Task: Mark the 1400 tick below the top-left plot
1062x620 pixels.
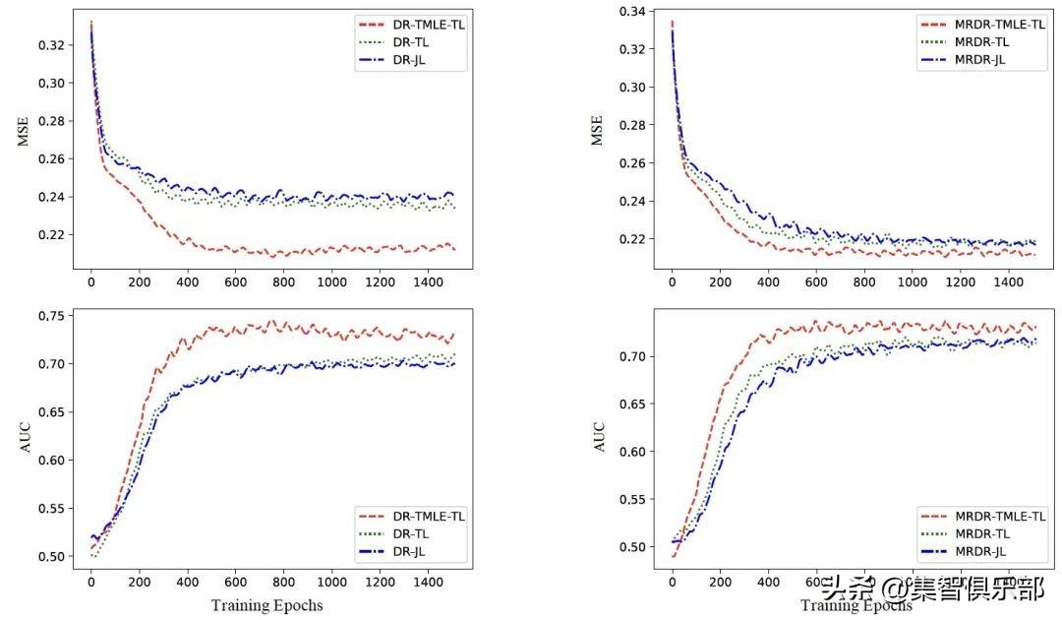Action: pyautogui.click(x=427, y=282)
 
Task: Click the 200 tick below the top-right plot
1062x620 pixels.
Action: pyautogui.click(x=720, y=282)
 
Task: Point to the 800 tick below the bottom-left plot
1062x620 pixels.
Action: pyautogui.click(x=282, y=583)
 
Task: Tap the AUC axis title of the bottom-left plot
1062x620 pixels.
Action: pyautogui.click(x=24, y=438)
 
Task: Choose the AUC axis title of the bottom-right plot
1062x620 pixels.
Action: pyautogui.click(x=598, y=438)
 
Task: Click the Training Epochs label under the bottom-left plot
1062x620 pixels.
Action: pyautogui.click(x=266, y=604)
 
